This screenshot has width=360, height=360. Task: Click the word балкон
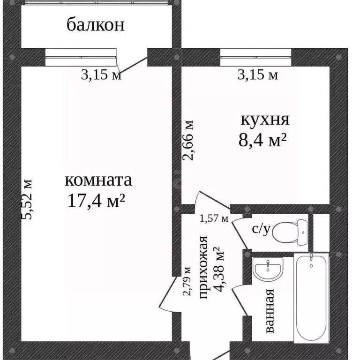(96, 24)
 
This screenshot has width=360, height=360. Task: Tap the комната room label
(98, 180)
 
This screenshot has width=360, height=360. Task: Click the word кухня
(265, 120)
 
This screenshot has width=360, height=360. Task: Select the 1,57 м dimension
(214, 218)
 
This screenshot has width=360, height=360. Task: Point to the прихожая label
(204, 268)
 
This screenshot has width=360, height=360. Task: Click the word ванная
(269, 311)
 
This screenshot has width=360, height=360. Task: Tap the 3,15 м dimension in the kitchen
(258, 75)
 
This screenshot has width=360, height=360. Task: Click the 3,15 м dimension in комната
(101, 75)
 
